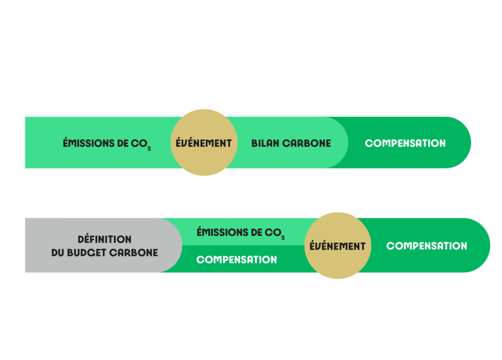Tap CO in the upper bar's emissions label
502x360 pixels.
[139, 143]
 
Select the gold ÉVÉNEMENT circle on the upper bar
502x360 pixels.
[204, 143]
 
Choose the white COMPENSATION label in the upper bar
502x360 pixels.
[405, 143]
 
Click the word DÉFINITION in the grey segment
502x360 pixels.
[104, 239]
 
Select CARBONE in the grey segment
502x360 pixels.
[133, 253]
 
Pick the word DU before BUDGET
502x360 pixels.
[58, 253]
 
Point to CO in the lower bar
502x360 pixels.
[273, 232]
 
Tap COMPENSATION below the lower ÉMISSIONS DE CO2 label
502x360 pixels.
[237, 259]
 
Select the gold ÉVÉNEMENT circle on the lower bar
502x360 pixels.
[338, 246]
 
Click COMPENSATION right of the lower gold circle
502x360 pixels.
[427, 246]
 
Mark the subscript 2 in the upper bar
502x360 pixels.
[149, 149]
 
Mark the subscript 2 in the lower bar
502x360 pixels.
[283, 238]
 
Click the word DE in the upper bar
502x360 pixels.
[123, 143]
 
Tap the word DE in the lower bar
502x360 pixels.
[256, 232]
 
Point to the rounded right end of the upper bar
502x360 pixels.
[471, 143]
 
